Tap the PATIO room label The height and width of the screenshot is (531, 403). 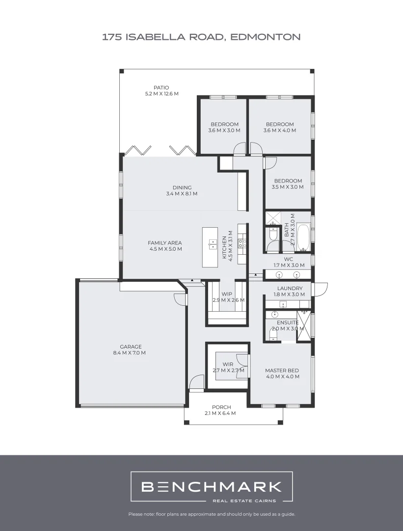(x=161, y=88)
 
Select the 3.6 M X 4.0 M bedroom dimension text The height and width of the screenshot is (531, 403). (x=280, y=131)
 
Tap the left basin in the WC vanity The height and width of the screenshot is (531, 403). (x=279, y=274)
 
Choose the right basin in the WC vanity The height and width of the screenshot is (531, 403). (x=297, y=274)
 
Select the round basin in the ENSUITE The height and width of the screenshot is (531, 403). (x=274, y=314)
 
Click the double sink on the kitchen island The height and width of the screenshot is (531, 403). (x=213, y=244)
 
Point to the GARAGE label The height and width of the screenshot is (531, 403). (x=131, y=347)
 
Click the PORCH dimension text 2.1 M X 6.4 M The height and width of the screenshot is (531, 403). (x=220, y=413)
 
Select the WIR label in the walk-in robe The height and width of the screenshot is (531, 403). (x=227, y=364)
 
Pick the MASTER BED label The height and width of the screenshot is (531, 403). (x=282, y=371)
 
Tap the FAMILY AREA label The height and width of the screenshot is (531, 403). (x=165, y=243)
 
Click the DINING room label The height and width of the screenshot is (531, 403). (x=182, y=187)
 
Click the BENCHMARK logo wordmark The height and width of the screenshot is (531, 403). (x=211, y=487)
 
